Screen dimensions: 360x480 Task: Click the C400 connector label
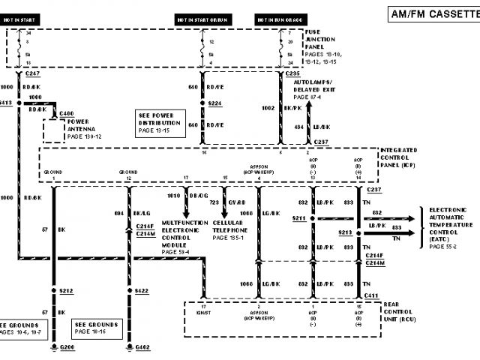65,112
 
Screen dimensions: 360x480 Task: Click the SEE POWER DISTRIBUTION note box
162,123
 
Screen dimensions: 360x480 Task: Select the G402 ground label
142,348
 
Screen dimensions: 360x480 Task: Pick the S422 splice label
142,290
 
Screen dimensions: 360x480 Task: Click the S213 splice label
346,232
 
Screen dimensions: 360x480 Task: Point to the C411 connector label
370,296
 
